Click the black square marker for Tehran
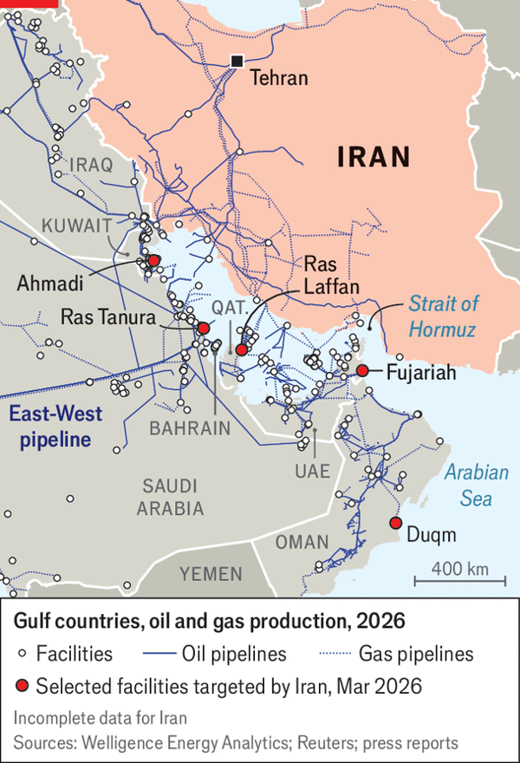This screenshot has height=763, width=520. (x=236, y=61)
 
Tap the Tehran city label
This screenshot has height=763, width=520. (x=279, y=78)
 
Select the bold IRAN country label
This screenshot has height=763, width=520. (x=373, y=156)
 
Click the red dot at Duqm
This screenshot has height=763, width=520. (x=395, y=523)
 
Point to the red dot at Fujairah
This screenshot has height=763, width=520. (x=362, y=371)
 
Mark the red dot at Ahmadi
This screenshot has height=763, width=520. (x=153, y=260)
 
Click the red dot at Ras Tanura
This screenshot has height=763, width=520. (x=204, y=328)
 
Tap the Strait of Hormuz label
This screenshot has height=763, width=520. (x=443, y=316)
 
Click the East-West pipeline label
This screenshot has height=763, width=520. (x=51, y=427)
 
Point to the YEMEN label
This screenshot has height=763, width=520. (x=211, y=574)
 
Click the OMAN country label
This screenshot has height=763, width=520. (x=301, y=543)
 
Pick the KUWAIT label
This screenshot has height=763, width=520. (x=76, y=225)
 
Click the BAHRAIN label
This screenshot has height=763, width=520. (x=190, y=427)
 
